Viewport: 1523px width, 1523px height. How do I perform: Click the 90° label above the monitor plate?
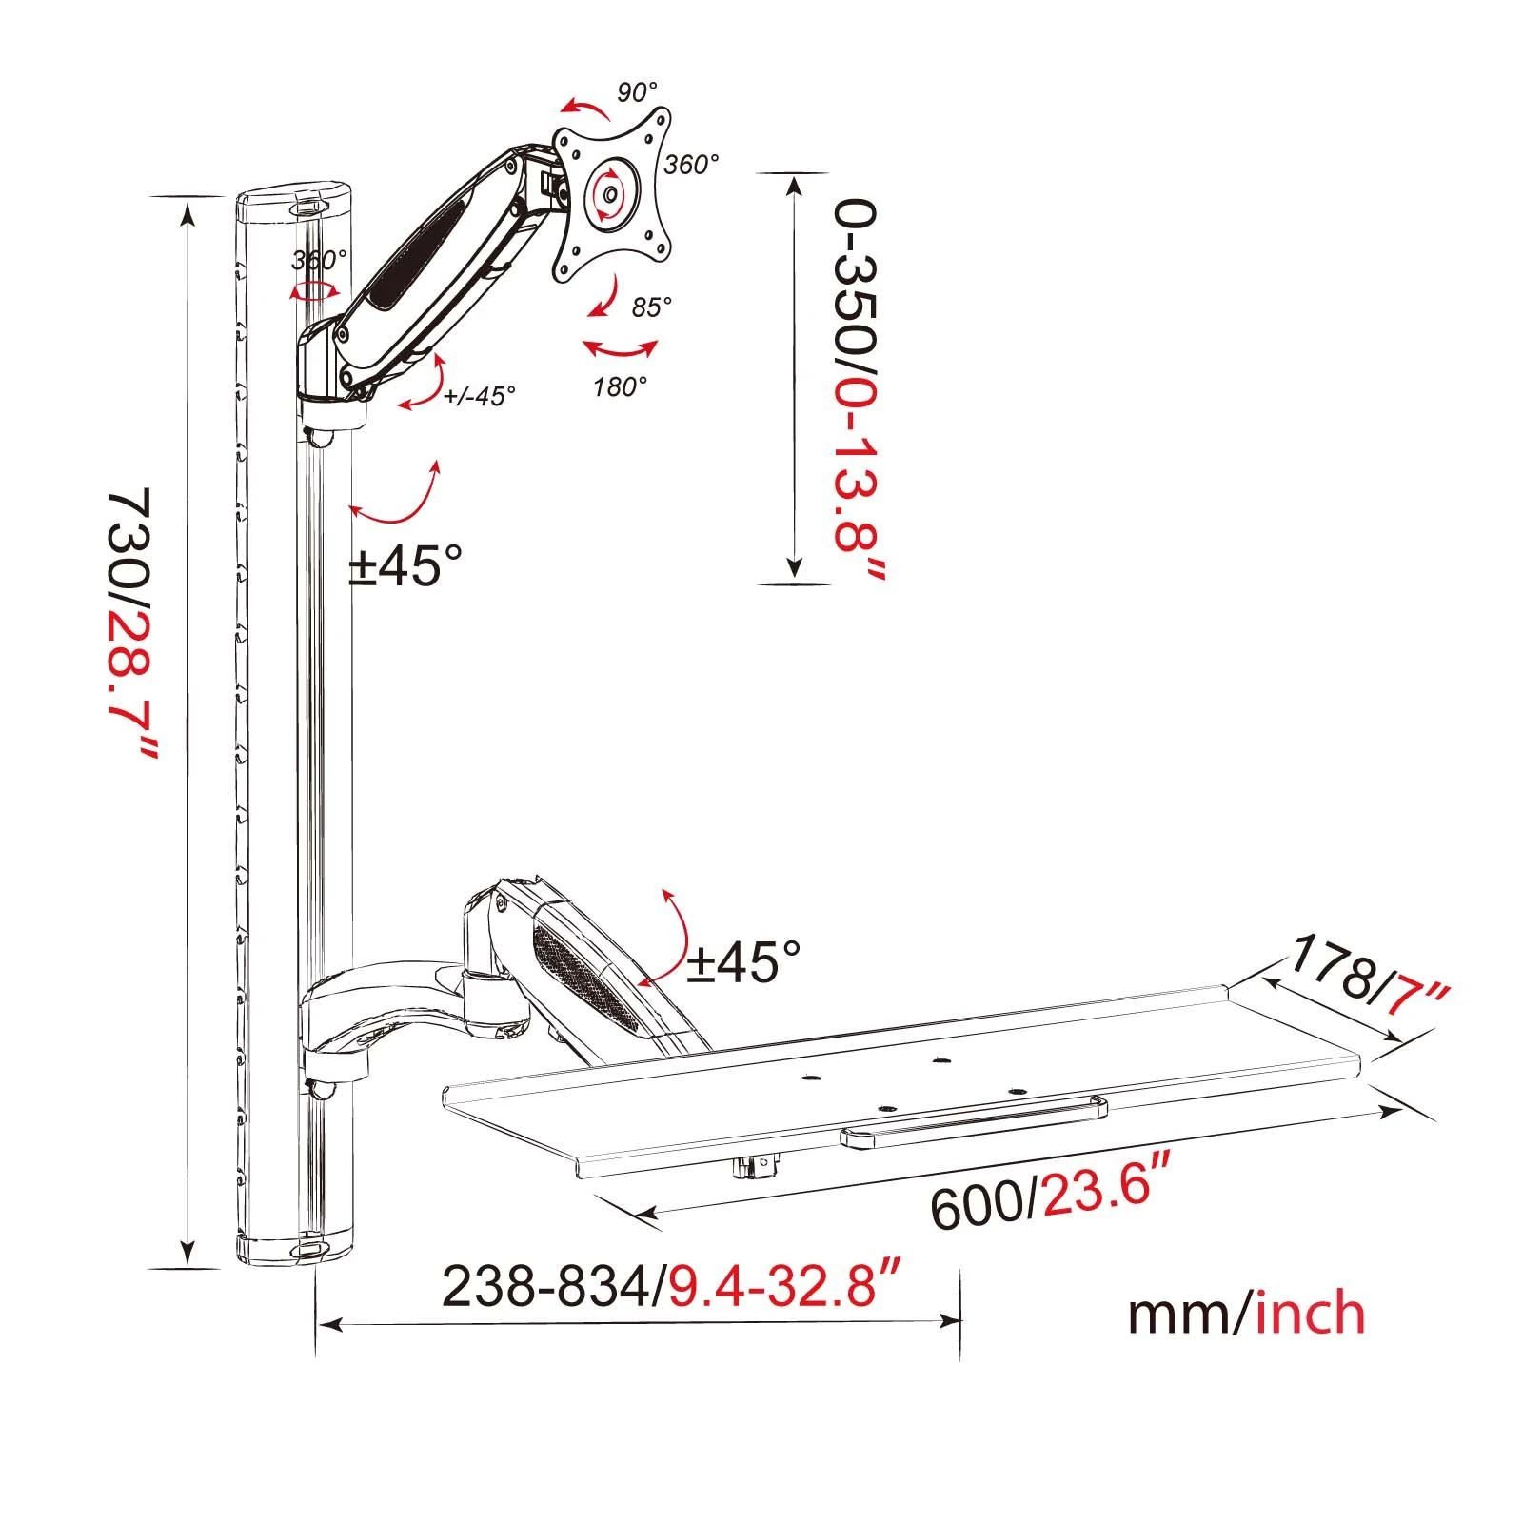click(637, 92)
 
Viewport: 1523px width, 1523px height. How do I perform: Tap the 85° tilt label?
click(651, 307)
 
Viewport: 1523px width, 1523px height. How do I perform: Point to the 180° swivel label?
click(620, 386)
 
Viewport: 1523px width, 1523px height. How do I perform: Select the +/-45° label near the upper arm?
click(480, 395)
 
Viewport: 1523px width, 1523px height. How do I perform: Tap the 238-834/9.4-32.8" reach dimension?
click(672, 1288)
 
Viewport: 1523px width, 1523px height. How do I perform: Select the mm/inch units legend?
click(1246, 1313)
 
